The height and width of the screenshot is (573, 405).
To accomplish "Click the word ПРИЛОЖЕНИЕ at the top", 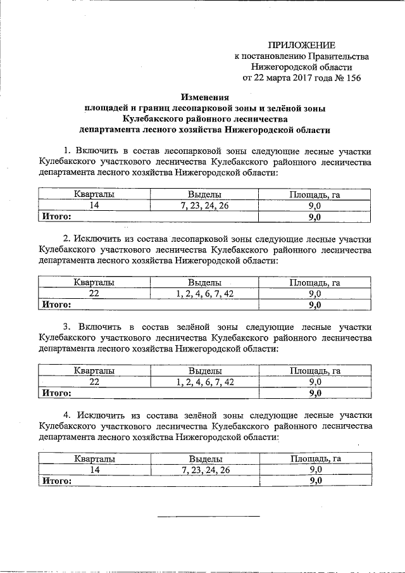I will pos(301,44).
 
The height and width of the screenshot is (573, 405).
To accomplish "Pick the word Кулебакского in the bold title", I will pos(149,119).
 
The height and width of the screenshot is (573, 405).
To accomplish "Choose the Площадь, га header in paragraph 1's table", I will pos(315,195).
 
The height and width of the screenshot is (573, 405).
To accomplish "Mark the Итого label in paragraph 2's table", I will pos(56,305).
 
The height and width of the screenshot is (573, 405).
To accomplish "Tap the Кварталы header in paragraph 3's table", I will pos(94,371).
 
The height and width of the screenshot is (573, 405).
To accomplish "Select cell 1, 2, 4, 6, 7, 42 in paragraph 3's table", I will pos(205,382).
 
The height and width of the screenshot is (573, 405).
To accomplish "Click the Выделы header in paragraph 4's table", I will pos(205,459).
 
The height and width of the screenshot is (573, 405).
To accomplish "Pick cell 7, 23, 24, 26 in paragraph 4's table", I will pos(205,470).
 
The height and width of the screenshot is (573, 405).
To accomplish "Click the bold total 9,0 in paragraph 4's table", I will pos(315,481).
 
